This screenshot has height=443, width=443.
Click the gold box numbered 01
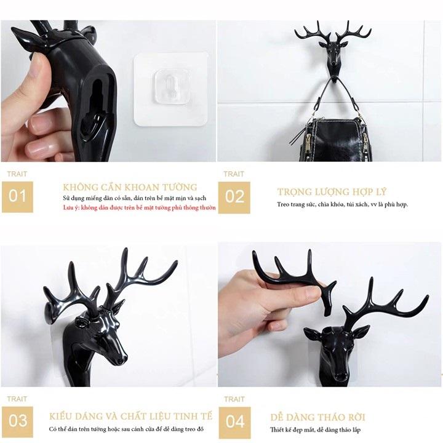click(x=17, y=197)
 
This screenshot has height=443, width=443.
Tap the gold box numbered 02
click(x=234, y=198)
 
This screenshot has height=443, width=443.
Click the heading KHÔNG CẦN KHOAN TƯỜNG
click(x=130, y=187)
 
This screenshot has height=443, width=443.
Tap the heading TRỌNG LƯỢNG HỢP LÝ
click(x=332, y=192)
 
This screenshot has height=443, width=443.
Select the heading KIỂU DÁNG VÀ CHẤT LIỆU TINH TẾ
click(x=130, y=416)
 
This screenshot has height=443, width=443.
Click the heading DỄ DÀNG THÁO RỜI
click(x=317, y=417)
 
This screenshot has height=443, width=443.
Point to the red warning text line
click(x=139, y=208)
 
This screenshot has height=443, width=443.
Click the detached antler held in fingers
click(x=294, y=278)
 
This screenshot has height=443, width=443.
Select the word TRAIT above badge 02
click(x=234, y=174)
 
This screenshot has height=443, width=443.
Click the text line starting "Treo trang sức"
click(x=343, y=204)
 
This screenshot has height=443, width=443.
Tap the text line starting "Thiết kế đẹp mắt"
click(x=315, y=429)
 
